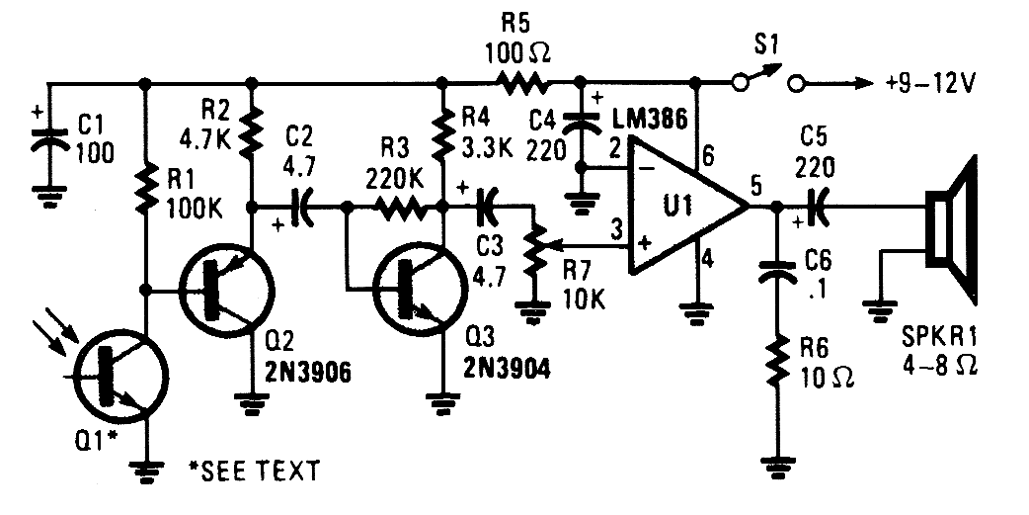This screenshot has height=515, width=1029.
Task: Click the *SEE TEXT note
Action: tap(254, 471)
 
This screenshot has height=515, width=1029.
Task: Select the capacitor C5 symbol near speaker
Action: tap(816, 209)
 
